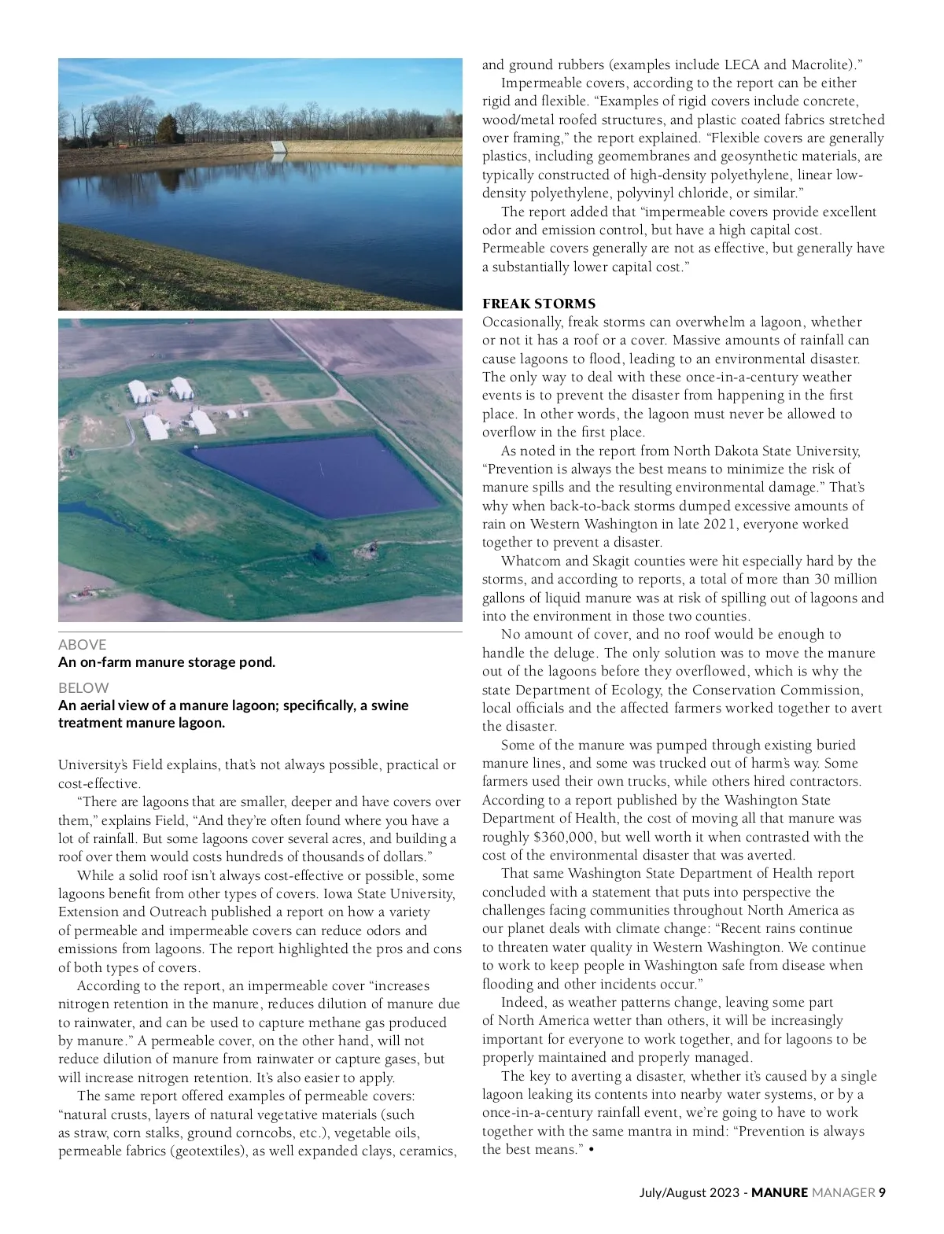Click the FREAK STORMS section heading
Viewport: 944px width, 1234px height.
point(539,304)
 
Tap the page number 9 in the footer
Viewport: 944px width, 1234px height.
point(882,1192)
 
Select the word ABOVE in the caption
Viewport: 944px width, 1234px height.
point(82,644)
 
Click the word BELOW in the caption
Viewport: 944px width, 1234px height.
point(83,687)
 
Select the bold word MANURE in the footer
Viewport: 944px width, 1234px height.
point(779,1192)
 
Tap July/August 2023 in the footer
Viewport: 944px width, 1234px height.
point(689,1192)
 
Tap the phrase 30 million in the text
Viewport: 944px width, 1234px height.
point(843,579)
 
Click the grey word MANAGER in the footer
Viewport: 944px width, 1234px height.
point(843,1192)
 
